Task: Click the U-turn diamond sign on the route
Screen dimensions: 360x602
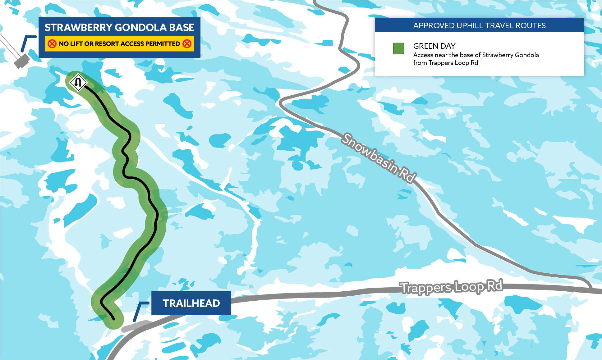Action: (78, 83)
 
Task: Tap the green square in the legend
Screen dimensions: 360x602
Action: (398, 49)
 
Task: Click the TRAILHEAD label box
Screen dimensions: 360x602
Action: (191, 303)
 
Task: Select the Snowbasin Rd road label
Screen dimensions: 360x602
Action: (378, 158)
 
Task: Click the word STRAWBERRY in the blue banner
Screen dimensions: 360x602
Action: (79, 28)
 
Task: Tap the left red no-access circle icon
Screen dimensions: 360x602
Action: (52, 44)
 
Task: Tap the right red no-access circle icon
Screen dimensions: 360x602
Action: (187, 44)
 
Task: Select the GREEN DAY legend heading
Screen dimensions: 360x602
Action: (434, 46)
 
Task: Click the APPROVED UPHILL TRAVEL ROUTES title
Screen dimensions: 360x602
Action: (479, 26)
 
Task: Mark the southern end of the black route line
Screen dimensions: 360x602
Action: (113, 319)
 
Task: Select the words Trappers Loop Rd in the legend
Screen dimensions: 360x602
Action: (453, 63)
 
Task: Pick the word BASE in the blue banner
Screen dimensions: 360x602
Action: (182, 28)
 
